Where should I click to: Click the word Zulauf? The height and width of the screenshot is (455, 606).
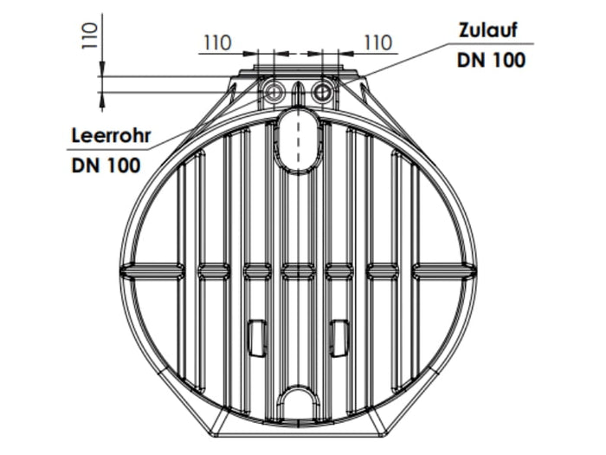[x=490, y=30]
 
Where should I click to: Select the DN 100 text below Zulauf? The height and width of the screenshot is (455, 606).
[x=490, y=60]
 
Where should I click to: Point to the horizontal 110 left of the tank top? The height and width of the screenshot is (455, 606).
[x=217, y=42]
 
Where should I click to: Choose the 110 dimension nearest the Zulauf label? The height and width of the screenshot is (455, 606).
[x=377, y=42]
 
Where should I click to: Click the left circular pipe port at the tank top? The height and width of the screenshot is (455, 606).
[x=274, y=91]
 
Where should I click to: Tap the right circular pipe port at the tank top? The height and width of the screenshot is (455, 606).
[x=322, y=91]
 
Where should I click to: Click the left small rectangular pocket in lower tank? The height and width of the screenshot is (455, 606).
[x=256, y=337]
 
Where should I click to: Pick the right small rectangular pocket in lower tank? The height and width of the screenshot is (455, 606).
[x=339, y=337]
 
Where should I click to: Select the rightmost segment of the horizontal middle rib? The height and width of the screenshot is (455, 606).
[x=442, y=271]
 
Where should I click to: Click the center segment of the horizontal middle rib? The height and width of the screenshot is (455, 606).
[x=298, y=271]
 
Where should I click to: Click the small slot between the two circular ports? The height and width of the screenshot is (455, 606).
[x=298, y=93]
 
